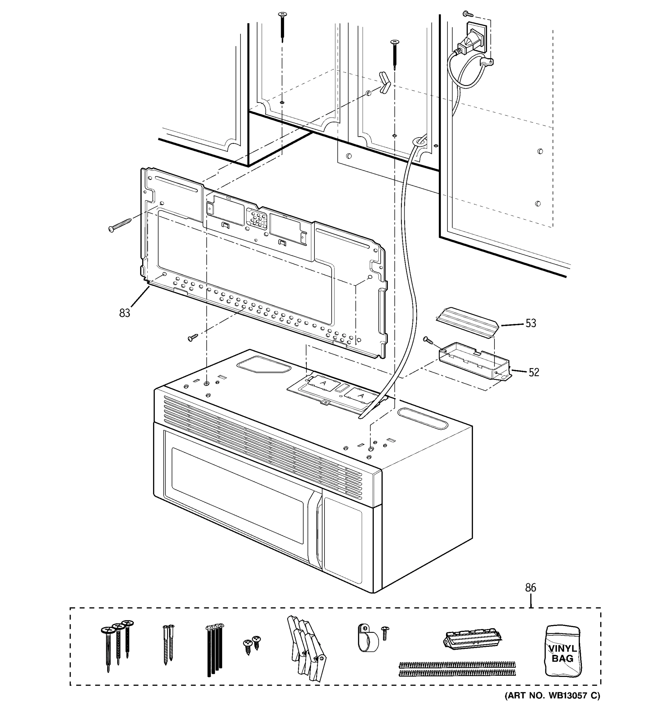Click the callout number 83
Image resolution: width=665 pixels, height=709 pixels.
click(124, 313)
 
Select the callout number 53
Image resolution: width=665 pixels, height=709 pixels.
click(531, 323)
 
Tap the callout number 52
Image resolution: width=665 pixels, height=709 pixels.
click(533, 372)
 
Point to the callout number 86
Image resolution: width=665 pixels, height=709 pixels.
click(531, 587)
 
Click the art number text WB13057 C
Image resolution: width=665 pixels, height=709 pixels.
click(552, 696)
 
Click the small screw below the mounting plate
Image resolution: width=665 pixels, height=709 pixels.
click(193, 337)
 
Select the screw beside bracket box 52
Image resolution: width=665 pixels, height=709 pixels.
click(428, 340)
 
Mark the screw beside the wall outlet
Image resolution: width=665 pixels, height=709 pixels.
click(467, 14)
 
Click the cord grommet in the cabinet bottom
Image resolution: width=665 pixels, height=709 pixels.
click(420, 142)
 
